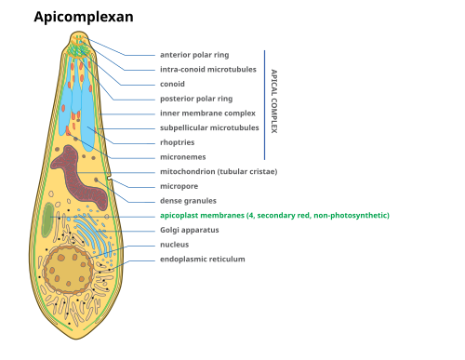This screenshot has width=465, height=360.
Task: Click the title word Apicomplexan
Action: [x=84, y=17]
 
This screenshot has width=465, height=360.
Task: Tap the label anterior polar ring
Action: [x=194, y=55]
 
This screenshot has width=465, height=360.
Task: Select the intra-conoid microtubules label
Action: [x=208, y=69]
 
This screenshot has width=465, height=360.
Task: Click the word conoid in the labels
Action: [x=172, y=84]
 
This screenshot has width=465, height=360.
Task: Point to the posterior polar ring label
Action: [x=196, y=99]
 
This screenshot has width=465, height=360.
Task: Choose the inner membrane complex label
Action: [x=207, y=113]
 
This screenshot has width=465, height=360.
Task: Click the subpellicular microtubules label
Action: [x=209, y=127]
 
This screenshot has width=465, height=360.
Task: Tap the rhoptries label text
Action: [x=178, y=142]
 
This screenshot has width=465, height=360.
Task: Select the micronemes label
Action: [x=183, y=157]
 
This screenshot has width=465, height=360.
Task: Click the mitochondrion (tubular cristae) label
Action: [x=219, y=171]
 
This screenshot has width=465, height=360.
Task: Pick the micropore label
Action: [x=179, y=186]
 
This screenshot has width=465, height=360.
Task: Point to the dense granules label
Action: [x=188, y=201]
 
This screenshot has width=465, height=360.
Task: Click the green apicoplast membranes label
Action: [x=274, y=215]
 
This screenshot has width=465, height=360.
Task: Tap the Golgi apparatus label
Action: [x=190, y=230]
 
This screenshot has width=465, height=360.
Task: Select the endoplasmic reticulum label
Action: [x=203, y=259]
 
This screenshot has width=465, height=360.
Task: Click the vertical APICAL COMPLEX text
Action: [x=274, y=101]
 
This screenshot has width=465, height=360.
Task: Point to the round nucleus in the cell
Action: [x=68, y=270]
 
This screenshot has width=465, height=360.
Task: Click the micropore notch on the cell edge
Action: [x=109, y=179]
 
